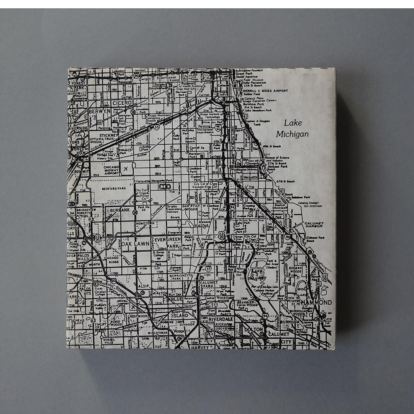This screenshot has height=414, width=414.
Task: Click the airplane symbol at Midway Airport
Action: [126, 169]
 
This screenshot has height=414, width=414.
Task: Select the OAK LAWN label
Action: [136, 244]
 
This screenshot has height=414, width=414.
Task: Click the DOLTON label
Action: [253, 330]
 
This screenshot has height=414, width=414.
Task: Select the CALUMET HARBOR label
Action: [314, 225]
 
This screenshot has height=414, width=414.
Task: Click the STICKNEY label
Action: [108, 135]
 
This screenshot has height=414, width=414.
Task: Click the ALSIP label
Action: [144, 286]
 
